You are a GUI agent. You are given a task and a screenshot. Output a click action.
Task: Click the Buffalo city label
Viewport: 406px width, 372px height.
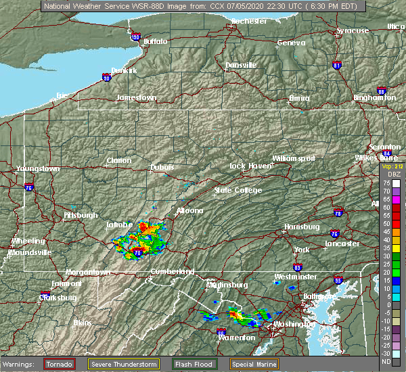pyautogui.click(x=155, y=42)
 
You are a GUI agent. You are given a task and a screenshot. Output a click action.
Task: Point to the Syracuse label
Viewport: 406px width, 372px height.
pyautogui.click(x=353, y=30)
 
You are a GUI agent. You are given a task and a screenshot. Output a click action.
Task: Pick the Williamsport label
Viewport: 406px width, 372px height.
pyautogui.click(x=294, y=158)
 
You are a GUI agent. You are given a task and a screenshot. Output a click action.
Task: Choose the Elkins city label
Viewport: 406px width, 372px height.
pyautogui.click(x=81, y=323)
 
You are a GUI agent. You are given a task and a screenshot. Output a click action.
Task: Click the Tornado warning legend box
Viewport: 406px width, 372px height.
pyautogui.click(x=61, y=364)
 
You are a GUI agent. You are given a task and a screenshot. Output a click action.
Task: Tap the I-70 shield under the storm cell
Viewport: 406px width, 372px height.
pyautogui.click(x=138, y=252)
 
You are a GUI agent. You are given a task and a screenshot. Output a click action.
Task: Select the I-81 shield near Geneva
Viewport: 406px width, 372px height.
pyautogui.click(x=336, y=66)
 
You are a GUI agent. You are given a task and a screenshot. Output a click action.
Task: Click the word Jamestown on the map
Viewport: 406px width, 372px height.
pyautogui.click(x=136, y=97)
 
